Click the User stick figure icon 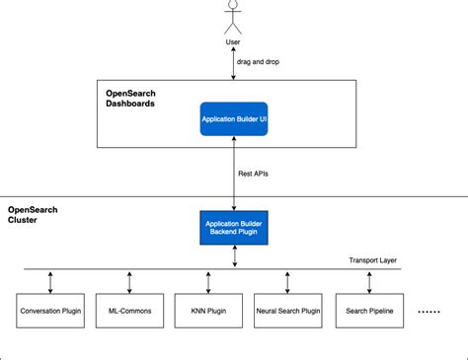click(233, 17)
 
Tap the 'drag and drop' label click(258, 62)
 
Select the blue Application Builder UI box click(234, 119)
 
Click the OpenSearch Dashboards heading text click(130, 99)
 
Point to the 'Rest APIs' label click(253, 174)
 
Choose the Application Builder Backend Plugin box click(234, 228)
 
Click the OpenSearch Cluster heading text click(33, 215)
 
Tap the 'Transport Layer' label click(372, 260)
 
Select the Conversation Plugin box click(50, 311)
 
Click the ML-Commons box click(129, 311)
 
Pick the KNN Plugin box click(208, 311)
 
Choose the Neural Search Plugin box click(288, 311)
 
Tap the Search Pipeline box click(369, 311)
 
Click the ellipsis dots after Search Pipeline click(429, 312)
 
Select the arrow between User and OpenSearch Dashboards click(233, 63)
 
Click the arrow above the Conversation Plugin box click(50, 283)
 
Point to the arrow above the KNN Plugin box click(208, 283)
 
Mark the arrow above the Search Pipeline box click(369, 283)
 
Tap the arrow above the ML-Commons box click(129, 283)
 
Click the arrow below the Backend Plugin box click(235, 255)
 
